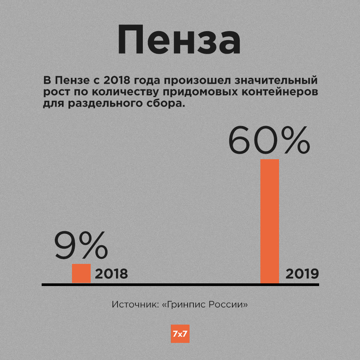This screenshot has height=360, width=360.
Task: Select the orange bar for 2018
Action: pyautogui.click(x=81, y=273)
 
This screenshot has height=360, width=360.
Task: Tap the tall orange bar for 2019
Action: pyautogui.click(x=269, y=221)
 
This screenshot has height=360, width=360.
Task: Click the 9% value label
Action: pyautogui.click(x=81, y=246)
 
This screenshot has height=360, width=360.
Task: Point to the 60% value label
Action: pyautogui.click(x=269, y=141)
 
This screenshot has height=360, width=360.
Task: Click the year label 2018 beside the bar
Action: pyautogui.click(x=111, y=274)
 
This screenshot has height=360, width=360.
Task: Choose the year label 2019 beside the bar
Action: pyautogui.click(x=302, y=274)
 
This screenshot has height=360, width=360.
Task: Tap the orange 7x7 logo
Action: pyautogui.click(x=180, y=334)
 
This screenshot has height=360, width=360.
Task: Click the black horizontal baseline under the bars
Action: pyautogui.click(x=180, y=284)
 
